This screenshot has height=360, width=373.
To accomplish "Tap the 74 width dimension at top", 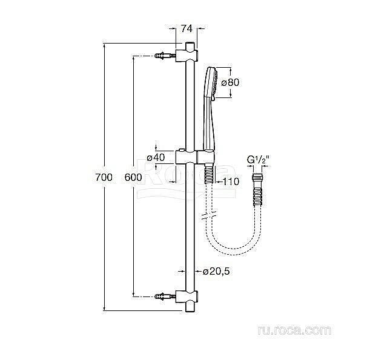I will point(188,27).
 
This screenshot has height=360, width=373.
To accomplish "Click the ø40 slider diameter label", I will point(157,157).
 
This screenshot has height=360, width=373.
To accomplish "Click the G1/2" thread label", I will point(258,160).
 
